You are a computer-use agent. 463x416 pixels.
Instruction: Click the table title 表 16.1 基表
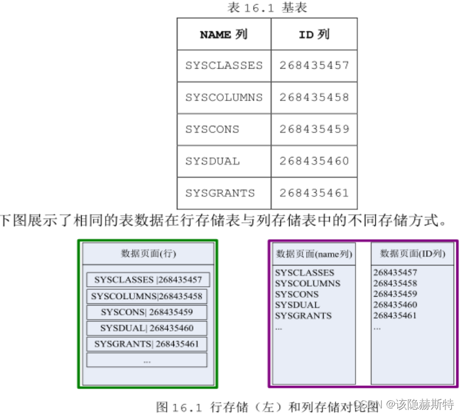(267, 8)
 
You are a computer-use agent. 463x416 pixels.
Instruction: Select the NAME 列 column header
(223, 34)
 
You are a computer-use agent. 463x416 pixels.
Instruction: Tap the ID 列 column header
(314, 34)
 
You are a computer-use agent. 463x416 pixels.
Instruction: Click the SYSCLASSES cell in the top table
(224, 66)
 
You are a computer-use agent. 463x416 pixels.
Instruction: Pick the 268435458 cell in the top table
(314, 98)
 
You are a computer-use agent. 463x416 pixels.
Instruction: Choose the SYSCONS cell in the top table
(212, 129)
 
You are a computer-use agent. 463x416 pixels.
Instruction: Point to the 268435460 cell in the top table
(314, 161)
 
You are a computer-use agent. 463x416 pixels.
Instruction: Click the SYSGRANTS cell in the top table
(220, 193)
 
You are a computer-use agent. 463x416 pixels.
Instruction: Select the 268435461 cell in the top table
(314, 193)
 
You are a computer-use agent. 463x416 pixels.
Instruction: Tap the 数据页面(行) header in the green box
(148, 254)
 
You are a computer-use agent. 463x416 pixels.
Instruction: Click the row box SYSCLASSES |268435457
(147, 280)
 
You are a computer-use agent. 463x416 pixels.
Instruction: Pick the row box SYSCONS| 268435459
(147, 312)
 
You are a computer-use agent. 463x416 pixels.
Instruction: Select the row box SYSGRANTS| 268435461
(147, 344)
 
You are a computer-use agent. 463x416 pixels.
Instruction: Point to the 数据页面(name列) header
(313, 254)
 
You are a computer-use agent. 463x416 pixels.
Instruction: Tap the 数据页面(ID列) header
(412, 254)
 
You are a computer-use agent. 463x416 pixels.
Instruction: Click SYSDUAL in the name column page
(297, 305)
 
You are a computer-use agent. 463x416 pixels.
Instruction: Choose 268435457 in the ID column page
(395, 273)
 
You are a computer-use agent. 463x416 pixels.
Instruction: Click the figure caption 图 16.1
(267, 406)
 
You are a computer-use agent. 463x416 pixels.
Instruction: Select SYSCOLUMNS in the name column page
(307, 283)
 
